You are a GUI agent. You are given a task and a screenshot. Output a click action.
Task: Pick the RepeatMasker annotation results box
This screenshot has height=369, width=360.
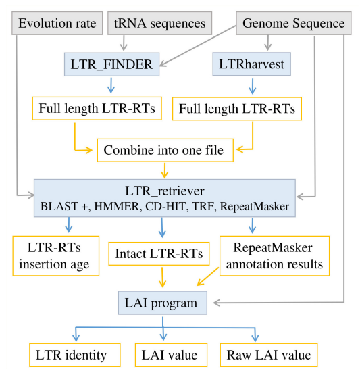coord(273,255)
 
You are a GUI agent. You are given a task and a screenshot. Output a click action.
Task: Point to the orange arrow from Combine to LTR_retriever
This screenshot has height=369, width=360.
coord(164,170)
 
